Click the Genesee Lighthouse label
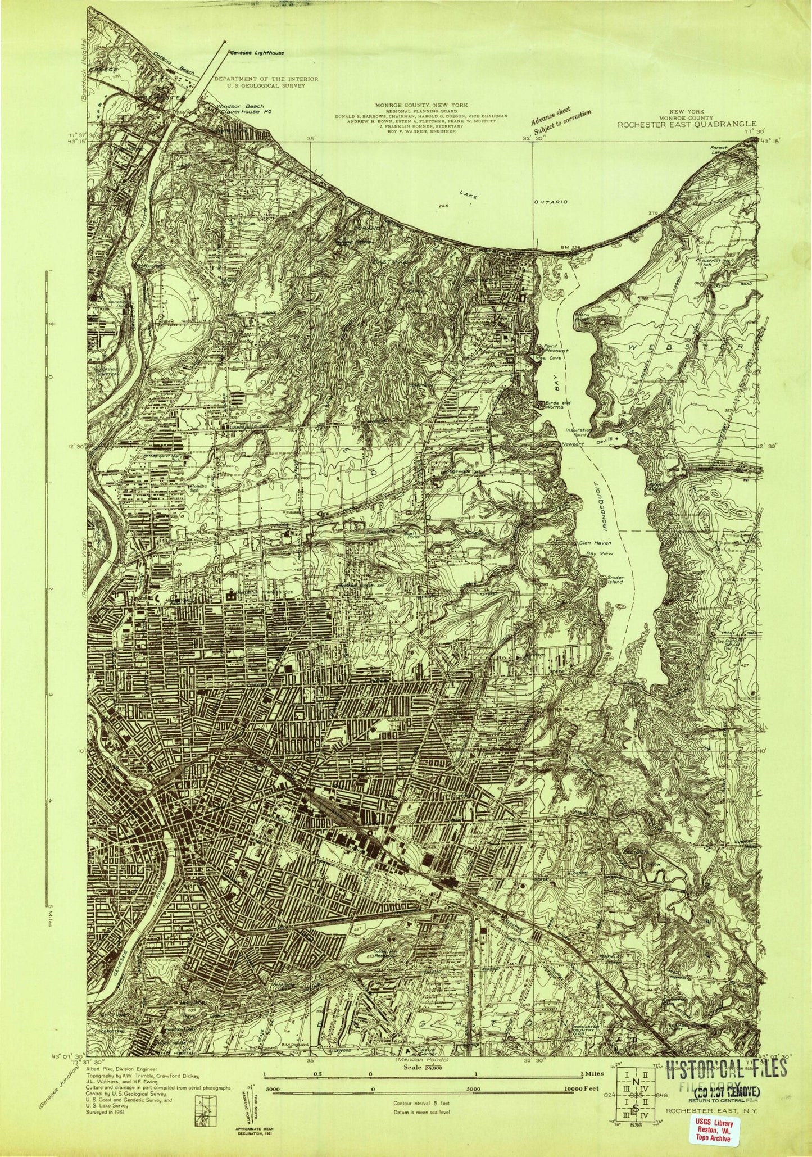(256, 52)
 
